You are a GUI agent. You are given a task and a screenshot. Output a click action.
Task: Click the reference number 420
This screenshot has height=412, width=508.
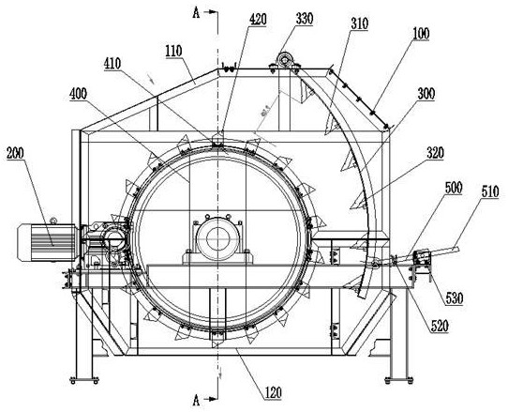click(258, 20)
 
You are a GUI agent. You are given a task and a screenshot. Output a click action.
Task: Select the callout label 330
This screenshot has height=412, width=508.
click(305, 19)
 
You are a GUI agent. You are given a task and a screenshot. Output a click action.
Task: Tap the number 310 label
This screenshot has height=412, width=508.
click(360, 23)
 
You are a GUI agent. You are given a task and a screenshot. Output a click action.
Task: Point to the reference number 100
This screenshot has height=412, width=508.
click(421, 34)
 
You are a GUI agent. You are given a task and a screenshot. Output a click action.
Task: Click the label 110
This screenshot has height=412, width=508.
click(173, 51)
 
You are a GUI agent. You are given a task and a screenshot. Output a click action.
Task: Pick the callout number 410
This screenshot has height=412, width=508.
click(112, 64)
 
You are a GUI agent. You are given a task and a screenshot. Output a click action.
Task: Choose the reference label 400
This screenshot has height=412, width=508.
click(78, 94)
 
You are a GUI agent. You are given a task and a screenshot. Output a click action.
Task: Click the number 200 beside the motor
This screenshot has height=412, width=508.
click(15, 153)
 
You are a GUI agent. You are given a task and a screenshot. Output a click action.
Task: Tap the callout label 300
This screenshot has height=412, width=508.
click(426, 94)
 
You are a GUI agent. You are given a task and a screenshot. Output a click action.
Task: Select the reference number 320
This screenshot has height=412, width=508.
click(435, 153)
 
